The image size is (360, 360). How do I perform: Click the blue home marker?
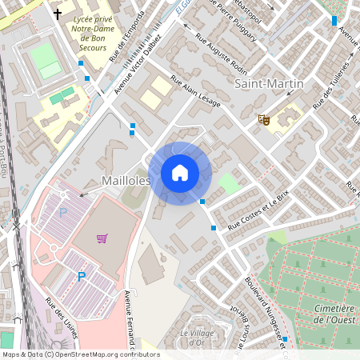point(180,173)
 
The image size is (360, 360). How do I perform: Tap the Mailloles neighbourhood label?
point(126,182)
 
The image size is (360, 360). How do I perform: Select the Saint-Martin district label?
point(269,84)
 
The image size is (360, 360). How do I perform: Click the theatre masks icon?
point(262,120)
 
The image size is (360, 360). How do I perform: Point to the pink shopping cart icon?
point(102,238)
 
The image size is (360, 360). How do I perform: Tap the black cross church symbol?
point(58,14)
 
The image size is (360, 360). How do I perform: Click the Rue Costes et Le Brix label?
point(258,212)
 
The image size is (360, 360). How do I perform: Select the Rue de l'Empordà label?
point(127,37)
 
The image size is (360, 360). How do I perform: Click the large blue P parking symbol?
point(81,277)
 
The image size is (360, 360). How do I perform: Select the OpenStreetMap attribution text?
point(80,354)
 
